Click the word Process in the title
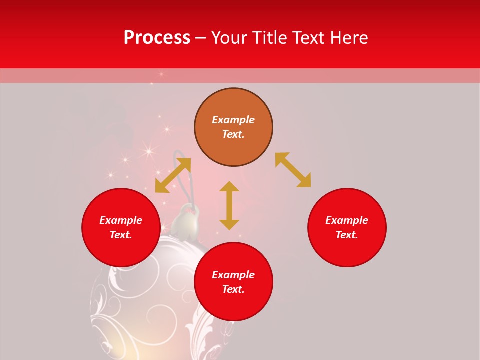click(x=157, y=38)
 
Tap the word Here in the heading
click(x=348, y=38)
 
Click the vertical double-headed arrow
click(x=229, y=205)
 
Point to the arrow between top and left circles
click(x=173, y=175)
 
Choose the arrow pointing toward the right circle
click(x=293, y=170)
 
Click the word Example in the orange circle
click(x=233, y=120)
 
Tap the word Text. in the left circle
click(x=121, y=235)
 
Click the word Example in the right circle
click(x=347, y=220)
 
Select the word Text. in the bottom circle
click(x=233, y=289)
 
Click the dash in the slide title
click(x=200, y=38)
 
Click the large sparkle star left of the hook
click(x=148, y=149)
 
